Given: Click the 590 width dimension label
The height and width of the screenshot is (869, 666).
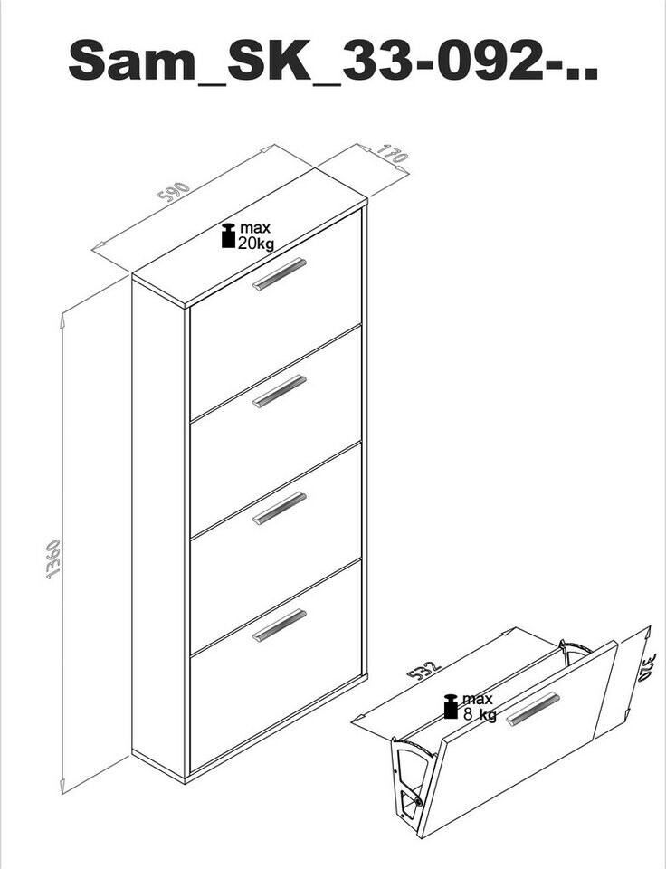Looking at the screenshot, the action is [x=174, y=192].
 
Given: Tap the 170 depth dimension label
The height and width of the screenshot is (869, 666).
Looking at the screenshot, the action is [x=393, y=154].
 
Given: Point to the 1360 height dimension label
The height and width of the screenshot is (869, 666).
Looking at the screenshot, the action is [x=53, y=559].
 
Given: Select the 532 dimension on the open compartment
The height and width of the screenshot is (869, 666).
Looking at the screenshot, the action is [x=423, y=670].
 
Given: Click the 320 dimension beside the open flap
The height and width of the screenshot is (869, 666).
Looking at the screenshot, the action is [x=647, y=668].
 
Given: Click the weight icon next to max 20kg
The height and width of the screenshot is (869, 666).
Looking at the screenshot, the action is [x=228, y=235].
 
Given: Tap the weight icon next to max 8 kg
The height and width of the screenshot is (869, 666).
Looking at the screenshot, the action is [x=451, y=707].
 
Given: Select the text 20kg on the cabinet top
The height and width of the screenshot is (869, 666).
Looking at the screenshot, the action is [x=256, y=243].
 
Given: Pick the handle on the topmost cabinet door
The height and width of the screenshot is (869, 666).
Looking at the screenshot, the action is [x=280, y=273].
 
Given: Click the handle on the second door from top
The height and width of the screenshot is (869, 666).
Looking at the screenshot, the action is [x=280, y=391].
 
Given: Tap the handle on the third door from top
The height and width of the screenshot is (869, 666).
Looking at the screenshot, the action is [x=280, y=508].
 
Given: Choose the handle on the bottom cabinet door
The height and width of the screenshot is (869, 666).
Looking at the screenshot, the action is [x=280, y=625].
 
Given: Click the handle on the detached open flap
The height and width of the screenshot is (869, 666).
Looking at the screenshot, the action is [x=533, y=708].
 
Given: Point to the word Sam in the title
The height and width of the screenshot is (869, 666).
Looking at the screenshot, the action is [x=132, y=60].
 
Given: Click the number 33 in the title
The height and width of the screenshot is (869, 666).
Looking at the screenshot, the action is [x=377, y=60].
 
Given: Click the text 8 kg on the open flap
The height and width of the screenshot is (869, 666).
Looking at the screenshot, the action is [x=480, y=714].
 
